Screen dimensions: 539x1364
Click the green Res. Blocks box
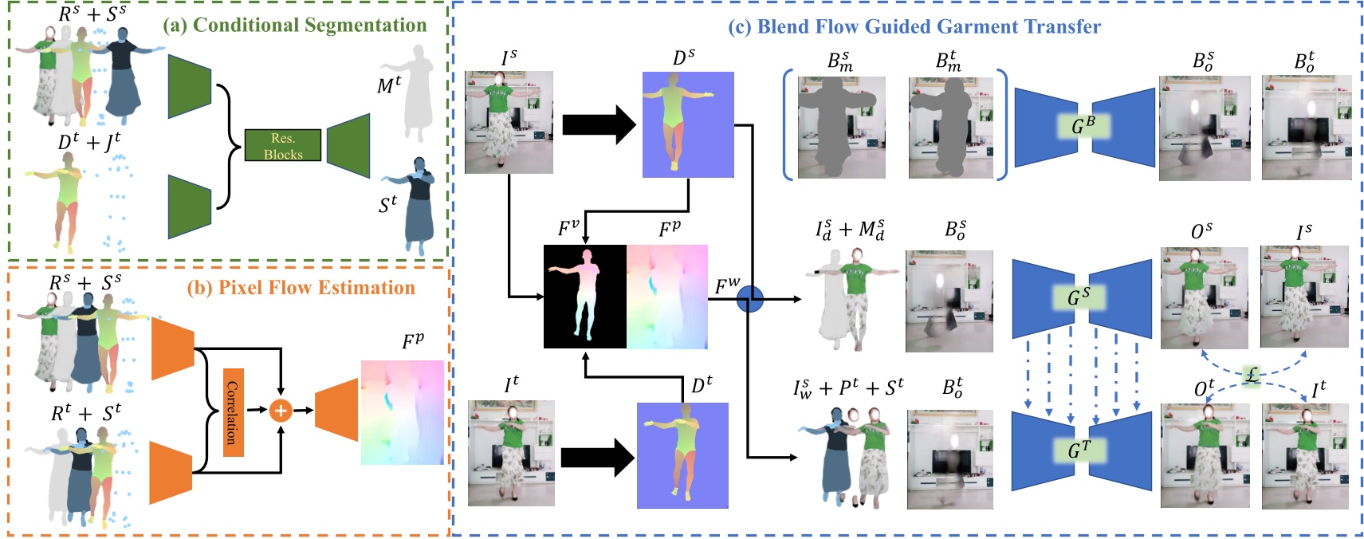coord(283,145)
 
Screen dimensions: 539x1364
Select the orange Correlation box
coord(233,412)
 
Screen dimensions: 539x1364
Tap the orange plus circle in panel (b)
coord(280,410)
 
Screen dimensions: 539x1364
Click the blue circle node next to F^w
coord(749,299)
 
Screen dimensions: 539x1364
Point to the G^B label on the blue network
coord(1083,126)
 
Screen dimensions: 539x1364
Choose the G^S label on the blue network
coord(1079,297)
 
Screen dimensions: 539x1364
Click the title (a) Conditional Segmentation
coord(294,25)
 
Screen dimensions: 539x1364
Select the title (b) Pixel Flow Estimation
coord(301,287)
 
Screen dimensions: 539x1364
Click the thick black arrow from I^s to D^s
coord(598,124)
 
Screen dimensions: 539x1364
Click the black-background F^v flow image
coord(584,297)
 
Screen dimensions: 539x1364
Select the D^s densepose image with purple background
coord(688,124)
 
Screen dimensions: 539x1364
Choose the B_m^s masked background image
coord(841,128)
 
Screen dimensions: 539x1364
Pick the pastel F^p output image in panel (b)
coord(402,412)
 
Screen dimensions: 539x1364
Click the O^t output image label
coord(1204,388)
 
